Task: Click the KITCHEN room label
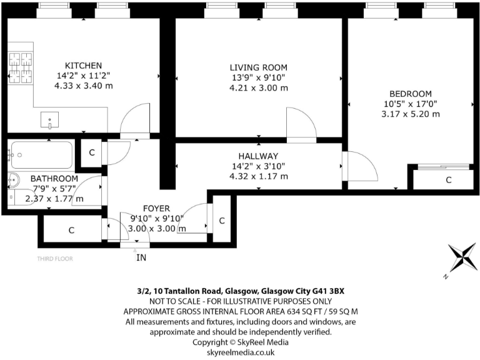tap(83, 66)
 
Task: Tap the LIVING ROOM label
tap(259, 67)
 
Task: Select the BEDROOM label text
tap(411, 94)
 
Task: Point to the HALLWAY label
tap(258, 156)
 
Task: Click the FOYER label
tap(156, 209)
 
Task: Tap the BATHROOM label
tap(54, 179)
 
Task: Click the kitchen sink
tap(49, 120)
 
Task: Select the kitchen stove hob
tap(21, 68)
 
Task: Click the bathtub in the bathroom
tap(42, 155)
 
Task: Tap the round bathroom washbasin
tap(14, 180)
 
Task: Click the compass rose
tap(462, 257)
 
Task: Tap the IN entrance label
tap(141, 257)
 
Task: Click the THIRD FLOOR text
tap(55, 259)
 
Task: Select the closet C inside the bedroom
tap(449, 180)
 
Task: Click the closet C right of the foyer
tap(222, 221)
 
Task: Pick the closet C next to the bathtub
tap(91, 152)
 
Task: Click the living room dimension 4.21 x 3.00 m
tap(259, 88)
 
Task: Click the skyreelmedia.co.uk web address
tap(241, 352)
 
